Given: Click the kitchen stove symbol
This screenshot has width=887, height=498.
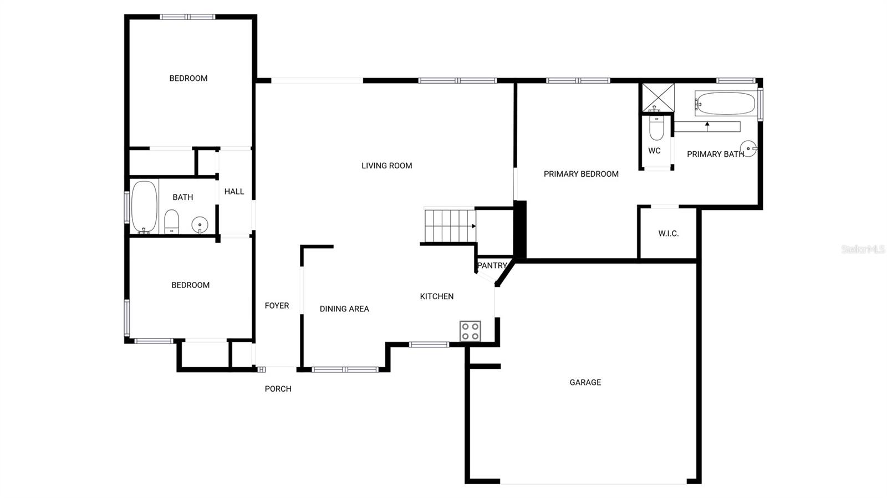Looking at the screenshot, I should point(470,331).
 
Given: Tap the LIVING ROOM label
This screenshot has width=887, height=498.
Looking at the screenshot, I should point(386,166).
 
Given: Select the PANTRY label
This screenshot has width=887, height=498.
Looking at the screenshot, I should point(492,265).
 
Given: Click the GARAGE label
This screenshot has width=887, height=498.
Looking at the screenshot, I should point(585,382).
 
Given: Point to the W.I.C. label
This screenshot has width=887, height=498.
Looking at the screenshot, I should point(668,234).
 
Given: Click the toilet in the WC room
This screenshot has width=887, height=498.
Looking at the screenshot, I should point(656,128).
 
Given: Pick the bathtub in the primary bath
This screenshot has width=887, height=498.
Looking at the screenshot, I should point(725,104).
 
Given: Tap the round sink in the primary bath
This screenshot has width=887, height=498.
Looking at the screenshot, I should point(748,148).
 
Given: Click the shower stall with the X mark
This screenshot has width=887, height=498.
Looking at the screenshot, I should point(658,97).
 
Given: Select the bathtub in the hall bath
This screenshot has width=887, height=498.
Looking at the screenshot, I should point(144,206).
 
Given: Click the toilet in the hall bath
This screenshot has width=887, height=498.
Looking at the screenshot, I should point(172,222).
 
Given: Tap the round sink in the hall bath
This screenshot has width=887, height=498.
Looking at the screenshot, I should point(200,224).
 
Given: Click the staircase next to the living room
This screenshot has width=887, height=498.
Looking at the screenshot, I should point(450,225).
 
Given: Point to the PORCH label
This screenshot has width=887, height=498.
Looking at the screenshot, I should point(278,389).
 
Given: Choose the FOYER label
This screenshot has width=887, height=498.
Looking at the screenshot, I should point(277,306).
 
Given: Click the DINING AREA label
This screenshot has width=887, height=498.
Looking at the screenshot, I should point(344,309).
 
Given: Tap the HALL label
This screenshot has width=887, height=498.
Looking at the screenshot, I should point(234,192).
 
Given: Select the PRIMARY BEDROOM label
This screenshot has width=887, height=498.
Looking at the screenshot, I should point(581,174).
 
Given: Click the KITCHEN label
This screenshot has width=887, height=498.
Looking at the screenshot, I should point(437,296).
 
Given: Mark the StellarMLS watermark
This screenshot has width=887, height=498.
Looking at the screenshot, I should point(863,250).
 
